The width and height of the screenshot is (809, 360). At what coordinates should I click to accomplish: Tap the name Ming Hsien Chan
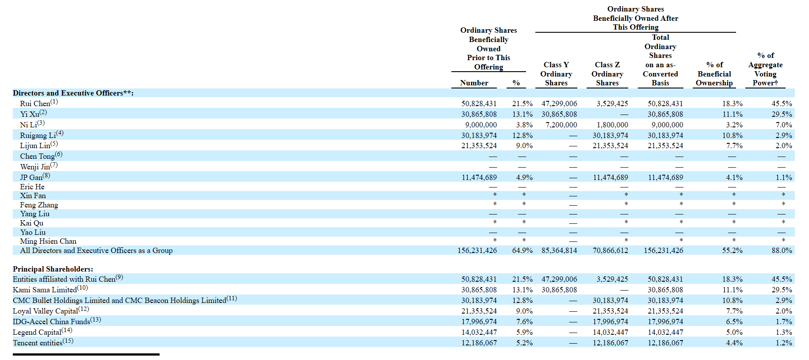[48, 241]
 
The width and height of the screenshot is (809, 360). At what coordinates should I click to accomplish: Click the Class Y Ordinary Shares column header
[556, 74]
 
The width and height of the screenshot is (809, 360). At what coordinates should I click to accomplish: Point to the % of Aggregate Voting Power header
[765, 69]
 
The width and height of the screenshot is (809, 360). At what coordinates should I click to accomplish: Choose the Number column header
[474, 83]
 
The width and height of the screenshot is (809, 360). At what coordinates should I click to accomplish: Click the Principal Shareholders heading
[53, 269]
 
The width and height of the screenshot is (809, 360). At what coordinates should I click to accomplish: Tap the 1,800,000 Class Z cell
[612, 125]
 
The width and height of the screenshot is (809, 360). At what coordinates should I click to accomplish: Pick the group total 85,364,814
[559, 250]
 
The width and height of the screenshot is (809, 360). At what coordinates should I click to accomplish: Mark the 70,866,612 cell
[610, 250]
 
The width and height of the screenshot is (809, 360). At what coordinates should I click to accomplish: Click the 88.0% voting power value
[782, 250]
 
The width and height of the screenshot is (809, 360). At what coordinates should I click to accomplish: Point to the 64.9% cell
[523, 250]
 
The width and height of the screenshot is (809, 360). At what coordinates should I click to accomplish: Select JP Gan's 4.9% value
[524, 177]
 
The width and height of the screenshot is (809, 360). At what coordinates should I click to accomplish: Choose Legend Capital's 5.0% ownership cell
[734, 332]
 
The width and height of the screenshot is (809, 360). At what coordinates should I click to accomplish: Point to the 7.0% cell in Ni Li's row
[784, 125]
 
